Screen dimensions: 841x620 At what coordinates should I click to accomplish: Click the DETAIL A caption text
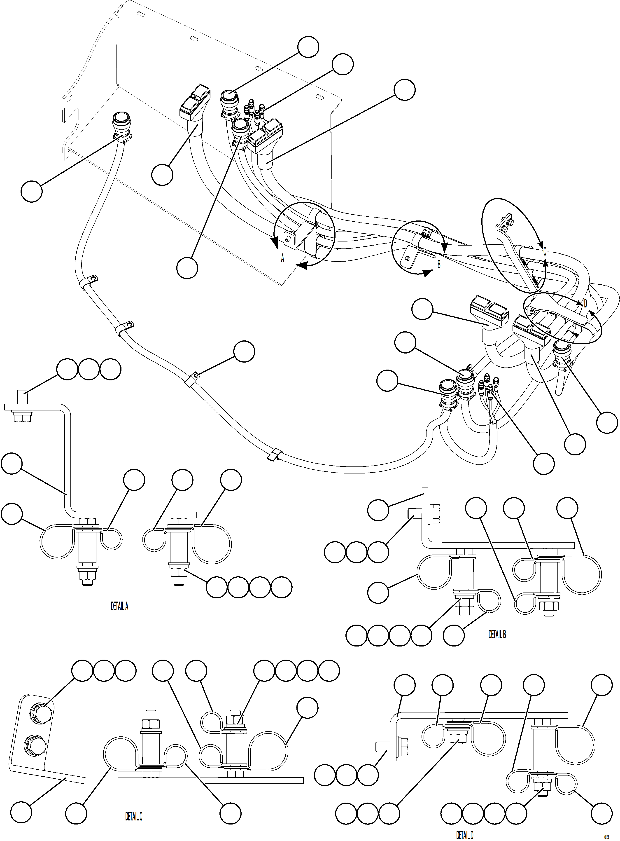click(119, 606)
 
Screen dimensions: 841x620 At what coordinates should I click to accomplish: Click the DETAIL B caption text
click(497, 635)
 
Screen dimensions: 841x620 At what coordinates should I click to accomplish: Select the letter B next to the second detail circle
click(439, 264)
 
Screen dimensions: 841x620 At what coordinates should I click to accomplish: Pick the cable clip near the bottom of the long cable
click(274, 455)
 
